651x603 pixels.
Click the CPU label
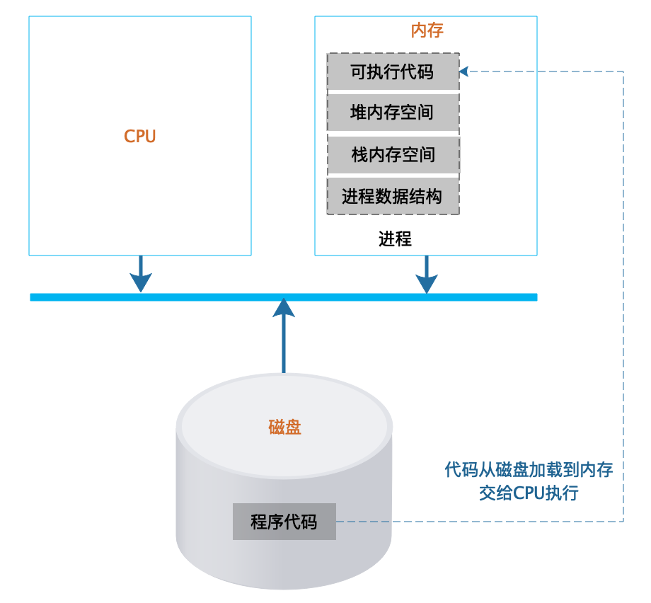tap(140, 137)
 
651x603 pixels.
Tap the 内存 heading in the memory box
tap(427, 30)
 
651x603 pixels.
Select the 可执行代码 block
tap(393, 71)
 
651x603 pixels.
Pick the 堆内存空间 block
tap(393, 113)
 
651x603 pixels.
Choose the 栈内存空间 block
tap(393, 154)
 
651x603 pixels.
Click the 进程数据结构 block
tap(393, 195)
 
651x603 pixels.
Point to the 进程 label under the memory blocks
tap(395, 239)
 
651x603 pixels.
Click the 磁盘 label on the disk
tap(284, 427)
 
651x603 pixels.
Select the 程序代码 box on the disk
tap(284, 522)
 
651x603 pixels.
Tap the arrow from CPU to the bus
tap(141, 275)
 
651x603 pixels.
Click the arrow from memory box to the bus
tap(426, 275)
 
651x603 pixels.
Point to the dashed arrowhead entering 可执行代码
tap(464, 71)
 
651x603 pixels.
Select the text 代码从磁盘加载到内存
tap(529, 469)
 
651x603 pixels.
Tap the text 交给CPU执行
tap(529, 493)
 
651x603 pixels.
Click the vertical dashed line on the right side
tap(623, 283)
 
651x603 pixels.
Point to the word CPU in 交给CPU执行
tap(529, 493)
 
